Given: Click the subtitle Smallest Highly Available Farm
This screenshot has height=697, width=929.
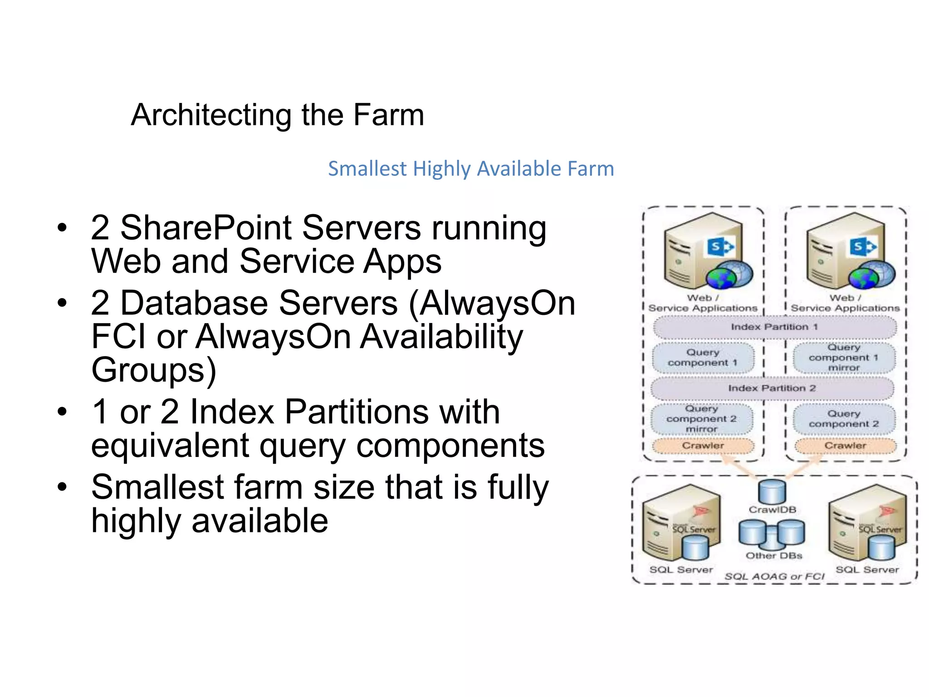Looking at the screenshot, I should (471, 169).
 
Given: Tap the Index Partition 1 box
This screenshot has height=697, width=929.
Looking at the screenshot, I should (774, 327).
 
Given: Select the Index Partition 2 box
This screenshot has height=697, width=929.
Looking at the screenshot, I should (772, 388).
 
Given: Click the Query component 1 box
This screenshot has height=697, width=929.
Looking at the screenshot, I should (703, 358).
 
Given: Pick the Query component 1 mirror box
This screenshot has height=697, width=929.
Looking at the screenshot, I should (844, 358).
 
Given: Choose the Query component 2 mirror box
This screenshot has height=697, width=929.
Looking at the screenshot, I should (701, 419).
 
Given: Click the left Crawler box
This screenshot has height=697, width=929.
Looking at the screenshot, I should (703, 446).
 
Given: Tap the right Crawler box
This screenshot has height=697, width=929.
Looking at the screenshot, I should (845, 446).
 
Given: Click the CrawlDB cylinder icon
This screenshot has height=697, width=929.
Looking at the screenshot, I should (772, 492).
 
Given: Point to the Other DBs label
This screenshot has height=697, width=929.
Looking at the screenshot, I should (774, 555).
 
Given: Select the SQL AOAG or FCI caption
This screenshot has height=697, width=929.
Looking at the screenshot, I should (774, 576).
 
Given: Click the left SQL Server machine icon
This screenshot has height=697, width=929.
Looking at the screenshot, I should (680, 522).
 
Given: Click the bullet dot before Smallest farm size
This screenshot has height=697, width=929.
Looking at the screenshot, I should (62, 487).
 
